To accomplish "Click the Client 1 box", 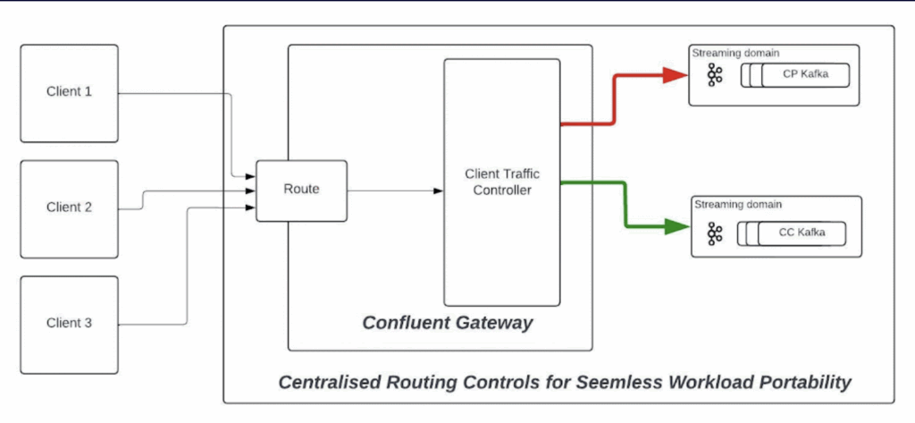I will click(x=69, y=93).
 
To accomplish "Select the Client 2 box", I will click(x=69, y=207).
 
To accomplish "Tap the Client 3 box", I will click(x=69, y=323).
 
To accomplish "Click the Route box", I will click(x=301, y=190).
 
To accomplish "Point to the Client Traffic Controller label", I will click(x=502, y=182).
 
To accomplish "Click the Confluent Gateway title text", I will click(x=447, y=323).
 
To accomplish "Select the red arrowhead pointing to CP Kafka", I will click(x=676, y=75).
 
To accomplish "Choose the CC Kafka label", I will click(x=801, y=234).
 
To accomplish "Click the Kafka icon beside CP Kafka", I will click(x=714, y=75).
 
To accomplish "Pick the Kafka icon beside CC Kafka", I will click(x=714, y=234).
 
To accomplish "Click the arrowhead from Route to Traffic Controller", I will click(x=438, y=190).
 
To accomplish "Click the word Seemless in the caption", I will click(x=592, y=383).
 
